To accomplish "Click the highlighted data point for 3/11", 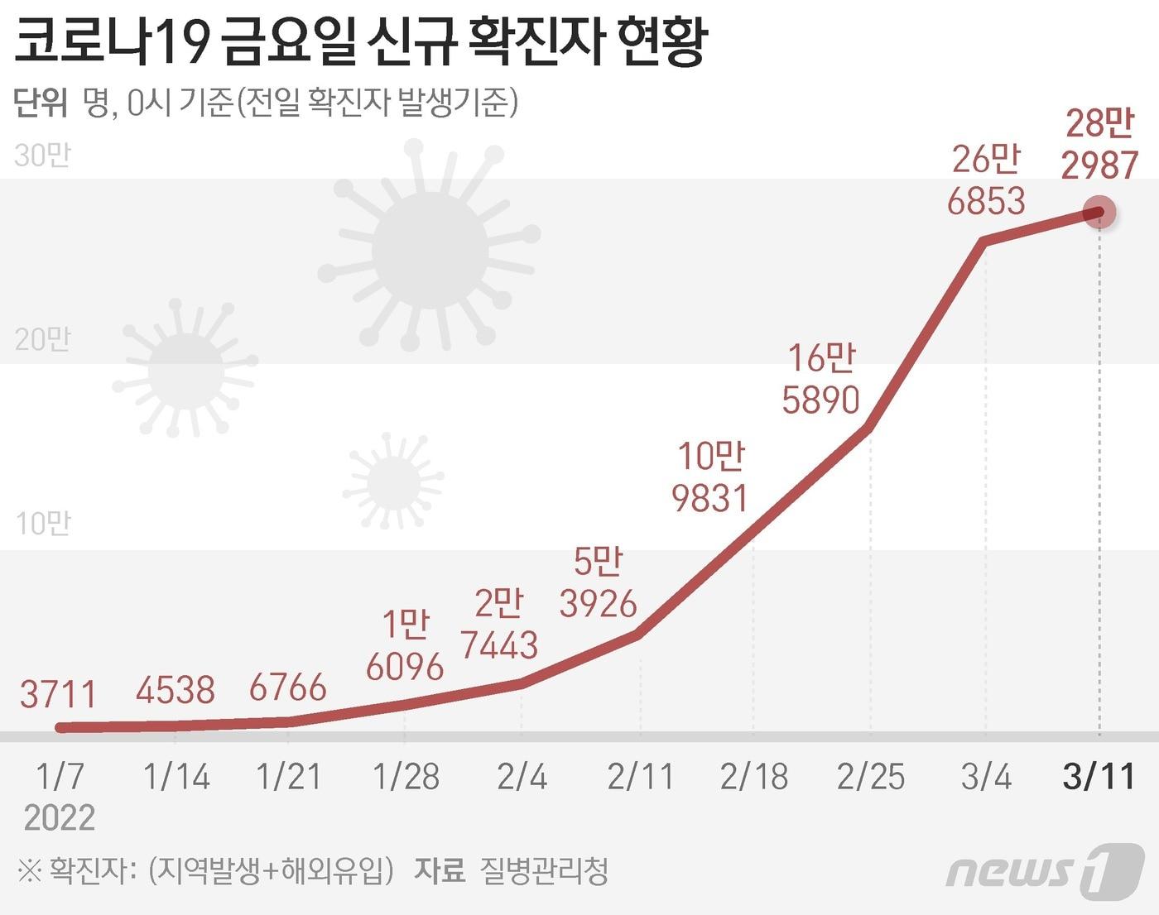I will (1099, 213).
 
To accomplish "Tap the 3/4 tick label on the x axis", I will (986, 777).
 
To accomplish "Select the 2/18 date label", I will (754, 777).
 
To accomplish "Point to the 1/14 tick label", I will (176, 777).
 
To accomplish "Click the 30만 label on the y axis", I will (43, 156).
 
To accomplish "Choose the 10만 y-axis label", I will (43, 524).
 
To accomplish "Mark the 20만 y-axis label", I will (43, 339).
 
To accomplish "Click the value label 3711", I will (59, 694).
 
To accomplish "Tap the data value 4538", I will (176, 689).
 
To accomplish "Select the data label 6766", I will (288, 687).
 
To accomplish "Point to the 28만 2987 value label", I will (1099, 145).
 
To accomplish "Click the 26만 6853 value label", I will (986, 180).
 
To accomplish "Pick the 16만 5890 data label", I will (821, 379).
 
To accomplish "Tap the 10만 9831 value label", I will (710, 477).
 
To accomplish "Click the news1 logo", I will (1045, 870).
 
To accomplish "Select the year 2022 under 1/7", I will (60, 817).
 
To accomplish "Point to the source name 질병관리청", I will (544, 870).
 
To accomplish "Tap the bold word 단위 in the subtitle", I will (41, 103).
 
